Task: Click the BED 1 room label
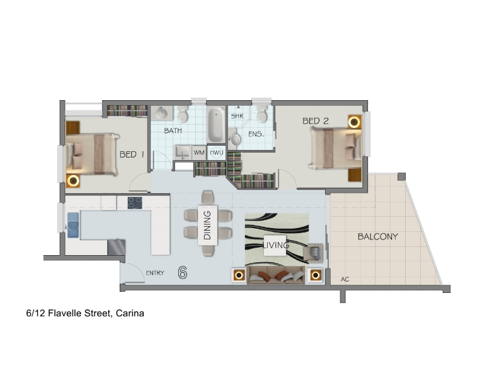tap(132, 154)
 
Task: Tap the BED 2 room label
tap(316, 121)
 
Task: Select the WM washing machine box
tap(199, 152)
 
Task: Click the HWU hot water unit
tap(216, 152)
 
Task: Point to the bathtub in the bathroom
tap(216, 124)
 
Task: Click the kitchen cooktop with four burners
tap(135, 203)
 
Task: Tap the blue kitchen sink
tap(73, 225)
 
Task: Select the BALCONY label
tap(377, 237)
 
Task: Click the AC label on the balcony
tap(345, 279)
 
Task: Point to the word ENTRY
tap(155, 273)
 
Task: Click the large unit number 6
tap(183, 273)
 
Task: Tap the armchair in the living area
tap(312, 252)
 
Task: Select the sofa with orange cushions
tap(276, 275)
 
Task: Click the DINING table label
tap(207, 226)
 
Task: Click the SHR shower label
tap(238, 116)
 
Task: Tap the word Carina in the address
tap(130, 313)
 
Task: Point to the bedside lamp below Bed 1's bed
tap(73, 181)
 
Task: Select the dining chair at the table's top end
tap(208, 197)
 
